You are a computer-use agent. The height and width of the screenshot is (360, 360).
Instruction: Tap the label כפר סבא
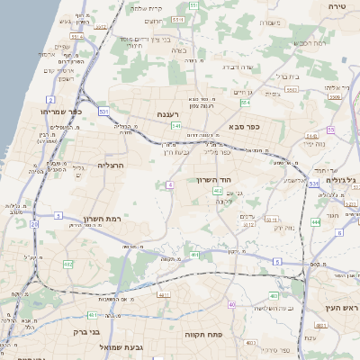[x=243, y=127]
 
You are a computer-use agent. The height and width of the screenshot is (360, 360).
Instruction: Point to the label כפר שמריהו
[x=36, y=112]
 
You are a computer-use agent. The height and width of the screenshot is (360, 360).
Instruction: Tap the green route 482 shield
[x=68, y=264]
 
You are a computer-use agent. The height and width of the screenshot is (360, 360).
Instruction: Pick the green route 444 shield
[x=316, y=220]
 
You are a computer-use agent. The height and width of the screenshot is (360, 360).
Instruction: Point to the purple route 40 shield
[x=232, y=305]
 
